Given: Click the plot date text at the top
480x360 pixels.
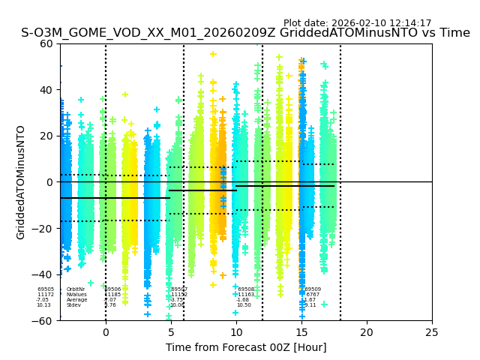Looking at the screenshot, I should click(x=357, y=23).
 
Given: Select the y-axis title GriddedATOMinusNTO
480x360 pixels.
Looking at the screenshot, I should click(x=21, y=182).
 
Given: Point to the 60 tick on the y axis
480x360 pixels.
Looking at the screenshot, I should click(x=47, y=43).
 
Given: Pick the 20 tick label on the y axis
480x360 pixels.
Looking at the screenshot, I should click(x=47, y=136).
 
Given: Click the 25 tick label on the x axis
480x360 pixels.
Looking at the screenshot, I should click(x=432, y=331).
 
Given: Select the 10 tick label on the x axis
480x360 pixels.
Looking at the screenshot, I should click(x=236, y=331).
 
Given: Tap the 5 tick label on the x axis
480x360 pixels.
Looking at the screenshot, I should click(x=171, y=331).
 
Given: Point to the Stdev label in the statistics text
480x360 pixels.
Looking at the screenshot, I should click(x=73, y=305).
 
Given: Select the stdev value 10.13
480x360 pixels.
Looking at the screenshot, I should click(x=43, y=305).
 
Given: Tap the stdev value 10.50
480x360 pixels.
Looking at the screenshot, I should click(x=244, y=305).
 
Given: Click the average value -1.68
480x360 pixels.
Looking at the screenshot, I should click(x=243, y=300).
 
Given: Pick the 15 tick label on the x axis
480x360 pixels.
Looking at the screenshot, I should click(x=301, y=331).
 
